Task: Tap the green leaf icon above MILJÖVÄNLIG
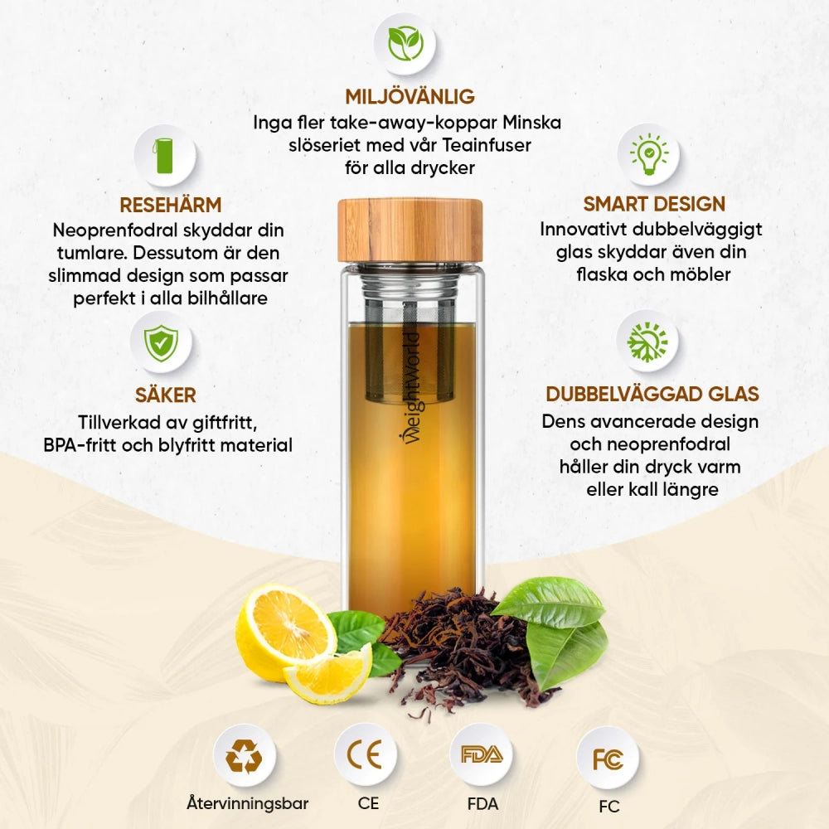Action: pyautogui.click(x=406, y=44)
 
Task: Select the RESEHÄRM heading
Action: pyautogui.click(x=170, y=205)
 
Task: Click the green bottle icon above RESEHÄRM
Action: pyautogui.click(x=165, y=155)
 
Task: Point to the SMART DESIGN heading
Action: pyautogui.click(x=654, y=204)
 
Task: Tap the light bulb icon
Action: pyautogui.click(x=648, y=154)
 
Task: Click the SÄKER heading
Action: pyautogui.click(x=166, y=395)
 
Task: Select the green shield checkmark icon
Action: pyautogui.click(x=161, y=342)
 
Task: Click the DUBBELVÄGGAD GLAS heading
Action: pyautogui.click(x=652, y=394)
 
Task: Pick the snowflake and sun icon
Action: pyautogui.click(x=647, y=341)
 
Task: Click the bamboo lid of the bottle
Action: pyautogui.click(x=410, y=230)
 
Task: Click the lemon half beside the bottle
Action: pyautogui.click(x=284, y=633)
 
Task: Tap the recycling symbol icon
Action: pyautogui.click(x=244, y=755)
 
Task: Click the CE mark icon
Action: pyautogui.click(x=365, y=754)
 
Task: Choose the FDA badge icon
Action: pyautogui.click(x=481, y=754)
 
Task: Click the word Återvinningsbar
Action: pyautogui.click(x=247, y=803)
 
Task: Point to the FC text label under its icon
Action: pyautogui.click(x=608, y=806)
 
